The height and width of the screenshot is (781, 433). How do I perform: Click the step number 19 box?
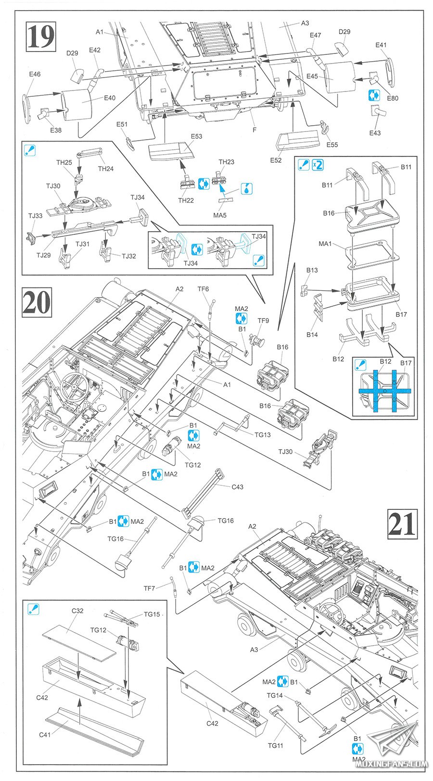click(41, 37)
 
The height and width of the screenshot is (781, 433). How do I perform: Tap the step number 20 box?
click(37, 302)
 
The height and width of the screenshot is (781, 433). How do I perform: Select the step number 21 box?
click(402, 523)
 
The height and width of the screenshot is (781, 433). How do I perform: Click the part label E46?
click(35, 74)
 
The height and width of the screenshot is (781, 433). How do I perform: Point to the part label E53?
click(196, 136)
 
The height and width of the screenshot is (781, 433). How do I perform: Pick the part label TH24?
click(105, 169)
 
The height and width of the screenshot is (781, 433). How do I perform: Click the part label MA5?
click(219, 215)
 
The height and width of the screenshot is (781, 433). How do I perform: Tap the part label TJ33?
click(35, 216)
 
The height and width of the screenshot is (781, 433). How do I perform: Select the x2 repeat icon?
click(318, 165)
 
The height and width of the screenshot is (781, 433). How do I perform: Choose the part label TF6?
click(203, 289)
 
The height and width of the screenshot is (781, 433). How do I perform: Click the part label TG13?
click(263, 435)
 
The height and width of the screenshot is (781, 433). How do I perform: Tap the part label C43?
click(237, 487)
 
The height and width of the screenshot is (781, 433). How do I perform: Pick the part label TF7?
click(149, 588)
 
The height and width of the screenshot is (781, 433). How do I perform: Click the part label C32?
click(77, 611)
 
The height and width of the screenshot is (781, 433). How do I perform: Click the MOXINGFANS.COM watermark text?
click(397, 764)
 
